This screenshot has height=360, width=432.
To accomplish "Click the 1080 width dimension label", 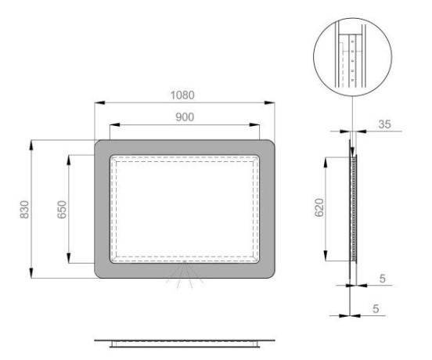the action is point(182,95).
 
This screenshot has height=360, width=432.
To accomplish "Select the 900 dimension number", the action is point(185,117).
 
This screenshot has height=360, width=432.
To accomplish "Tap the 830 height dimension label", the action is point(24,210).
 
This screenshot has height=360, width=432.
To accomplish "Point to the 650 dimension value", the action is point(62,210).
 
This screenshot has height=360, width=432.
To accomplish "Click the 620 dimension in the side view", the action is point(319,207).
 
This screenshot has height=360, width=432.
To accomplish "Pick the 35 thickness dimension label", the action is point(384,124).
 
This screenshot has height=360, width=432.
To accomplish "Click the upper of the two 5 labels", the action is point(382,279).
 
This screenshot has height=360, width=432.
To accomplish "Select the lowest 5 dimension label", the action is point(376,309).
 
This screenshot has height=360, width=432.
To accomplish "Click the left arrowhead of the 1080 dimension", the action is point(99,103).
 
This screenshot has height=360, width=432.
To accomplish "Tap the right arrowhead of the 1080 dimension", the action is point(269,103).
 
